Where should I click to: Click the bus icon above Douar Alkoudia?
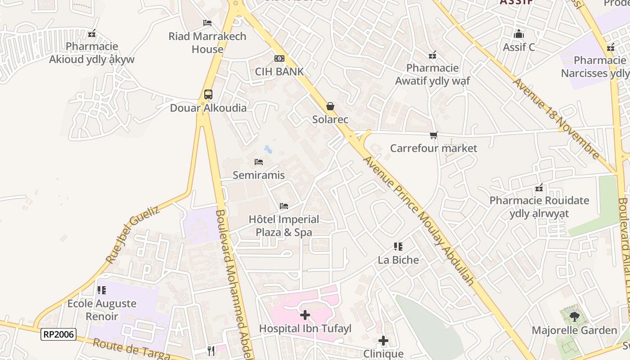tap(208, 94)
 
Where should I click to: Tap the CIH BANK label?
tap(279, 72)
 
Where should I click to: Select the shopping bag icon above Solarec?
tap(330, 106)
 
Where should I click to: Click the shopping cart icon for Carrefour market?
tap(434, 135)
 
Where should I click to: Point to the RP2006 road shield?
tap(58, 334)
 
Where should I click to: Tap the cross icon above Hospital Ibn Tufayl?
tap(305, 315)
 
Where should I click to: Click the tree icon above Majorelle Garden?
tap(574, 317)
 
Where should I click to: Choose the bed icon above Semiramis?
tap(259, 162)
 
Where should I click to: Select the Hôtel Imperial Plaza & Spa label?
tap(284, 226)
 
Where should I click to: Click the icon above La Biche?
tap(398, 246)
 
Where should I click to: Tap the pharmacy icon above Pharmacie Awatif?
tap(432, 55)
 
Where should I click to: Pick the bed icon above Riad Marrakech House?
tap(207, 22)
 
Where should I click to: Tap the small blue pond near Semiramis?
tap(268, 148)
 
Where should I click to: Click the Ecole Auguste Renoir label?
tap(102, 310)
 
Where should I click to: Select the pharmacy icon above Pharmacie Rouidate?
tap(539, 188)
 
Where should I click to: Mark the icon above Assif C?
tap(519, 34)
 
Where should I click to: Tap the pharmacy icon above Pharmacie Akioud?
tap(92, 33)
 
